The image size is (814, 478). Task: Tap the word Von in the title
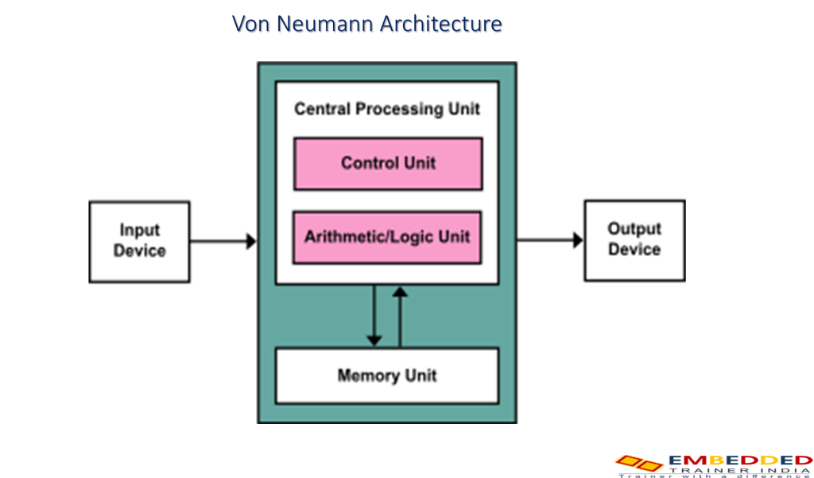250,24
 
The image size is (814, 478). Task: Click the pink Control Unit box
388,164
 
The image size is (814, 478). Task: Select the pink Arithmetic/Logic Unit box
387,237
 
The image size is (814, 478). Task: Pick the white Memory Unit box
387,375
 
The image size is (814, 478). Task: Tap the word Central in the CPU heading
323,109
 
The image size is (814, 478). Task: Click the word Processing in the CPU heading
397,109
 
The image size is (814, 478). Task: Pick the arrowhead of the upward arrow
400,293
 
